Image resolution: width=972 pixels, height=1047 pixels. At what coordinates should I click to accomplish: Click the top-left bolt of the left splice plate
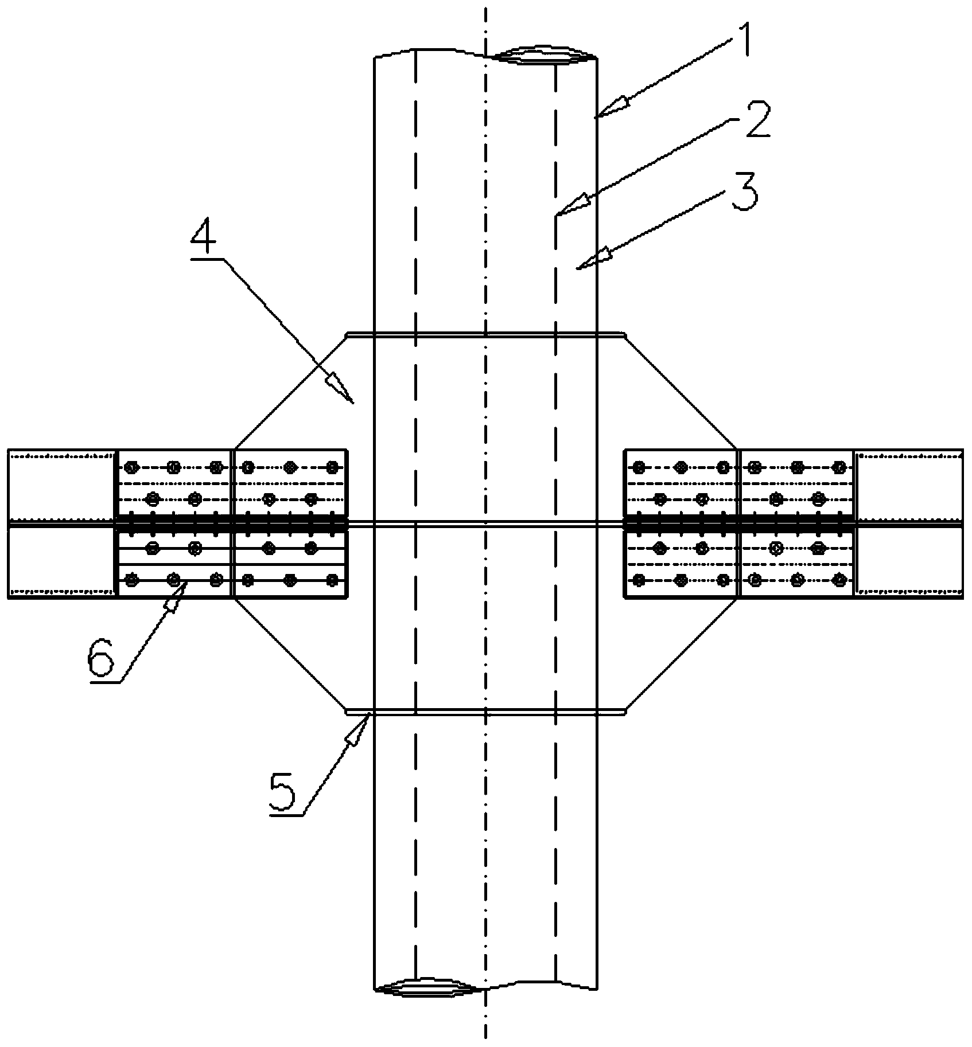coord(132,467)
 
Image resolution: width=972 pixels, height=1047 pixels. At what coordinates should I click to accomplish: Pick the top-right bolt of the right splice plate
coord(839,467)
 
